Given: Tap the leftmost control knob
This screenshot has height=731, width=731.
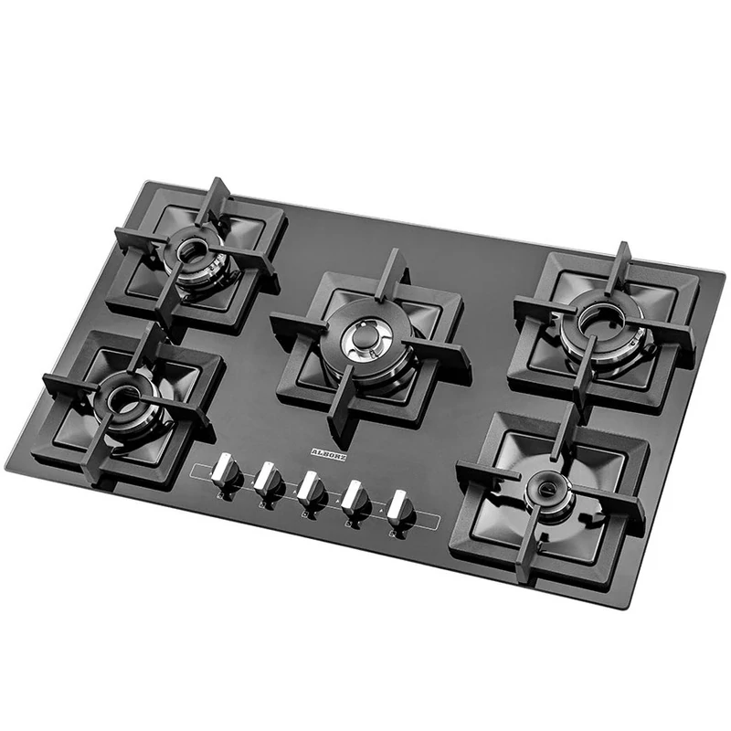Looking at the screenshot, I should coord(225,472).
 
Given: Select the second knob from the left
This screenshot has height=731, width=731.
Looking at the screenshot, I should coord(268,477).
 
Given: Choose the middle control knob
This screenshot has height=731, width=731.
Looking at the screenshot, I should coord(311,487).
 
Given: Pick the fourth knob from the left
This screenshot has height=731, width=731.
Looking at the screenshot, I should coord(355,497).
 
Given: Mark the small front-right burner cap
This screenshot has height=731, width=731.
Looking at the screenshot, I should coord(547,485).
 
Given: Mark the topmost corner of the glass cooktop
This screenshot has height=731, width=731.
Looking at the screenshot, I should coord(142,181).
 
